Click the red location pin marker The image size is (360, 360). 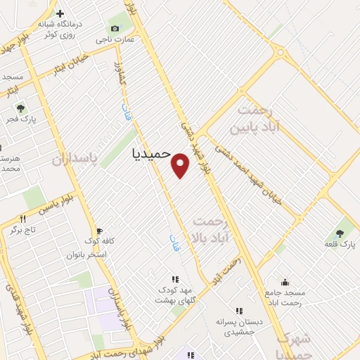coord(181,165)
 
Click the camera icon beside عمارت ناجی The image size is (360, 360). coord(115,28)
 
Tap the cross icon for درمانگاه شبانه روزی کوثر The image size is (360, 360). coord(60,13)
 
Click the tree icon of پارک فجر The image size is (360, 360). coord(20,108)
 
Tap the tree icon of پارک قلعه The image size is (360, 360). coord(341,233)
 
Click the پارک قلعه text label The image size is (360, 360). coord(342,245)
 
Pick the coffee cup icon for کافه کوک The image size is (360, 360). coord(99,231)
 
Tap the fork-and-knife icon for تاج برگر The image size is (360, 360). coord(23,219)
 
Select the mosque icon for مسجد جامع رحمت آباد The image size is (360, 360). coord(284,282)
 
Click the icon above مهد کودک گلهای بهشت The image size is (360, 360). coord(174,279)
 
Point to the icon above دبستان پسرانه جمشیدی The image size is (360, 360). coord(239,311)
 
